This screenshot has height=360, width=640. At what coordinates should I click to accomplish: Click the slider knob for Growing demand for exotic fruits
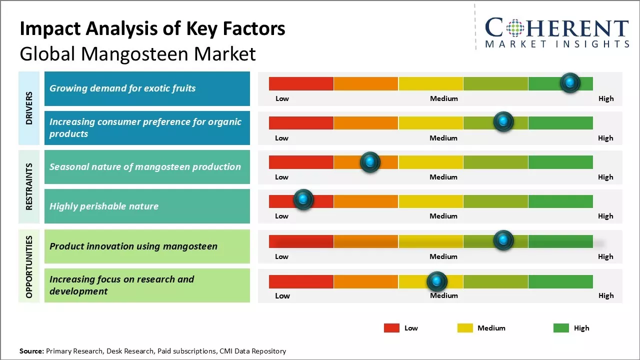570,82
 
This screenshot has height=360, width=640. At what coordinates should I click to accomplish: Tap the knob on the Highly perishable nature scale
303,199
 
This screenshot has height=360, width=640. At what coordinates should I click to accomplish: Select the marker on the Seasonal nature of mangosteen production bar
370,162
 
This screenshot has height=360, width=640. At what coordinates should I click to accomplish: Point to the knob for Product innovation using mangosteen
503,240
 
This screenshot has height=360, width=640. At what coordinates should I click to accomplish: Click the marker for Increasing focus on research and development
437,282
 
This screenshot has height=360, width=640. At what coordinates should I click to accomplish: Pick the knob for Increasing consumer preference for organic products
503,121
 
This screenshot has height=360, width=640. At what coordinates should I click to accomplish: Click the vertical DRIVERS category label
29,108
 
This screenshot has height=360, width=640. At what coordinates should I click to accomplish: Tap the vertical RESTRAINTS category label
29,186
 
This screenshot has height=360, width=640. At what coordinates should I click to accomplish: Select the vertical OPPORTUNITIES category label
29,266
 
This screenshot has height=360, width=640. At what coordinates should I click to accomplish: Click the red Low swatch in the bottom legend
391,328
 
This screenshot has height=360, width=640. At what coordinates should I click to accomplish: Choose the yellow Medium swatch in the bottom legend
465,328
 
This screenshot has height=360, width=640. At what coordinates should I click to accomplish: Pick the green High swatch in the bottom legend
561,328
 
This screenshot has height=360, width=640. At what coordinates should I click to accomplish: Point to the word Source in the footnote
31,351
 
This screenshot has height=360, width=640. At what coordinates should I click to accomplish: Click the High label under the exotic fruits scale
606,98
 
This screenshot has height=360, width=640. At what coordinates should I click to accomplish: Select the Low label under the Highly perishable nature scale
281,216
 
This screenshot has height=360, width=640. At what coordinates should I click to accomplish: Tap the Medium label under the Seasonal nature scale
443,177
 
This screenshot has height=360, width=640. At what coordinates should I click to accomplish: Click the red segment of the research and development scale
301,282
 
